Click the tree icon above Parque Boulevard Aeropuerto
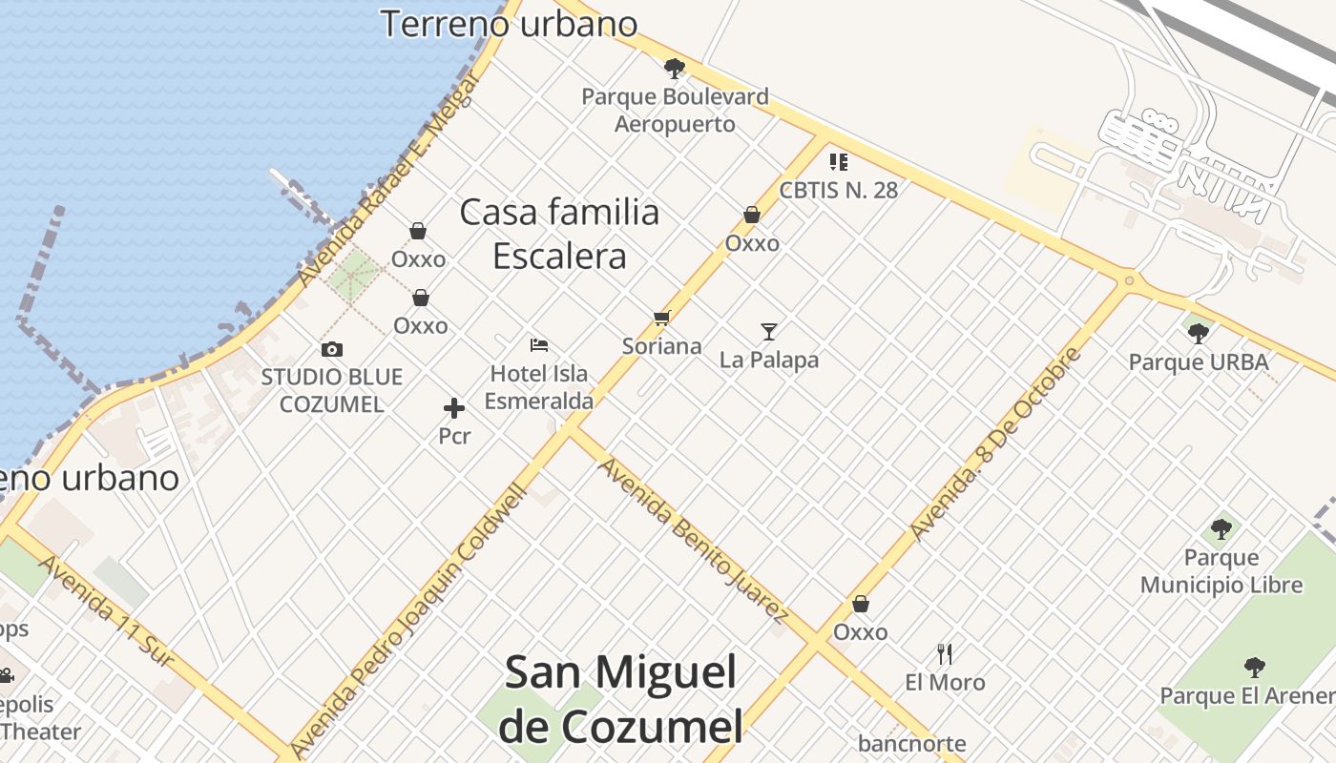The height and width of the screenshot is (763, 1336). pyautogui.click(x=675, y=68)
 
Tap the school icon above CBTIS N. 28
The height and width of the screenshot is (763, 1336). pyautogui.click(x=839, y=161)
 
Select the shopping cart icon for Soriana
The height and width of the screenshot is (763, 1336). pyautogui.click(x=662, y=318)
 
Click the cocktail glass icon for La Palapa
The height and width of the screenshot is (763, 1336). pyautogui.click(x=769, y=332)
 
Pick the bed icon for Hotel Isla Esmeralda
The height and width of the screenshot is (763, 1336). pyautogui.click(x=539, y=344)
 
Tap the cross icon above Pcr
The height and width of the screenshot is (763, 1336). pyautogui.click(x=454, y=408)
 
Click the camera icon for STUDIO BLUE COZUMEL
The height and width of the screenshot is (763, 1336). pyautogui.click(x=332, y=349)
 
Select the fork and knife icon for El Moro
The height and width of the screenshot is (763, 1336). pyautogui.click(x=945, y=653)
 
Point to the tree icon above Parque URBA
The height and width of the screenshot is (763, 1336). pyautogui.click(x=1199, y=333)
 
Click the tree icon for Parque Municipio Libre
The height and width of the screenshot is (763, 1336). pyautogui.click(x=1221, y=528)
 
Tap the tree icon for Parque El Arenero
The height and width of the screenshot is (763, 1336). pyautogui.click(x=1254, y=667)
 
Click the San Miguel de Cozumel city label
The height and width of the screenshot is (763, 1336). pyautogui.click(x=620, y=699)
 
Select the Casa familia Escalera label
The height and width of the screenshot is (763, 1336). pyautogui.click(x=560, y=234)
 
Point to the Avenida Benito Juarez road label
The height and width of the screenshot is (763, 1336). pyautogui.click(x=692, y=539)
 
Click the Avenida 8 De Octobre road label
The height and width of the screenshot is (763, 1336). pyautogui.click(x=996, y=443)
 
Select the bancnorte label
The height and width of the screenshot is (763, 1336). pyautogui.click(x=911, y=743)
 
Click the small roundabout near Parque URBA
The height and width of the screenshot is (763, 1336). pyautogui.click(x=1129, y=280)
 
